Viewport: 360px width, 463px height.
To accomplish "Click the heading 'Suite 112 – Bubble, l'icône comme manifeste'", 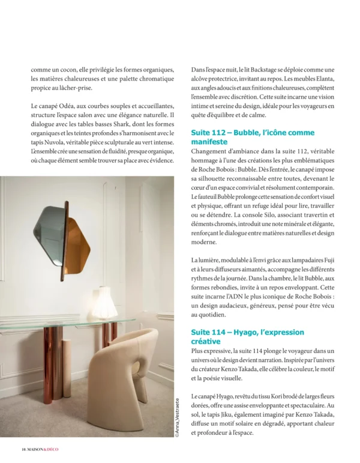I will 252,137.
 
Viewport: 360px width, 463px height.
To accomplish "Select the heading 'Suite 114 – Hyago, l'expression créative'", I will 247,336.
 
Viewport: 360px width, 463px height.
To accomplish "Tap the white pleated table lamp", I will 103,302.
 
